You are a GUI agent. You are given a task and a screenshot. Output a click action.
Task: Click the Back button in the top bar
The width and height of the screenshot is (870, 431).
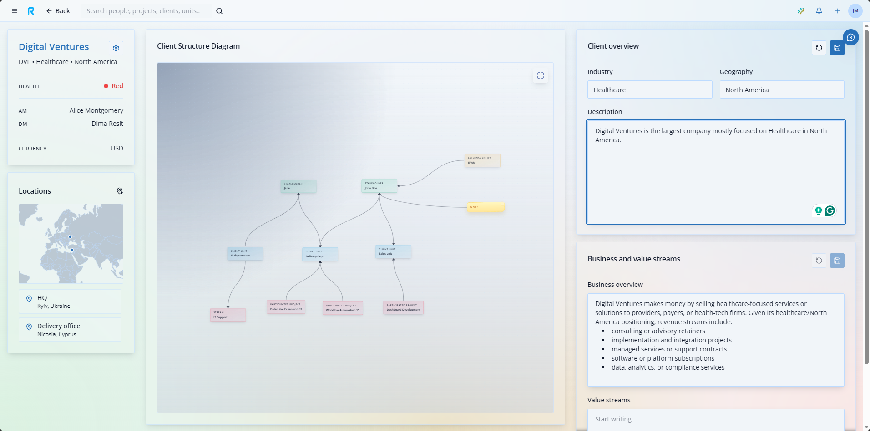(x=58, y=11)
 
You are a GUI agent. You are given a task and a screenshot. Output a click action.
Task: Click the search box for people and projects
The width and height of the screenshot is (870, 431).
(x=146, y=11)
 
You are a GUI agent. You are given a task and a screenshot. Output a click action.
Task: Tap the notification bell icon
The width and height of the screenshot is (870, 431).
(x=819, y=11)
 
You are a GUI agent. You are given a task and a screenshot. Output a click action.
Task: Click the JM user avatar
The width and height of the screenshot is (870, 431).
(x=855, y=11)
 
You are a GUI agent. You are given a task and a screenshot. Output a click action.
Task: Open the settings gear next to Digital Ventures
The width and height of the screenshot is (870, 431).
(x=116, y=48)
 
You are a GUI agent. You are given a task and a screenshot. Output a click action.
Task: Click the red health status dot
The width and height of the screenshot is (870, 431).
(x=106, y=86)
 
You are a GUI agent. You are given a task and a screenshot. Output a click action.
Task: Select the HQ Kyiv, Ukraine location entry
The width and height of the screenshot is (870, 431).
(x=70, y=301)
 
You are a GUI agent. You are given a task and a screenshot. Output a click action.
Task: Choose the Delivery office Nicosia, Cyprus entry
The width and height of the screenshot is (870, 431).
(x=70, y=330)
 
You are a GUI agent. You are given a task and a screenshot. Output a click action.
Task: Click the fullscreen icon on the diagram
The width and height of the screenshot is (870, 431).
(x=540, y=76)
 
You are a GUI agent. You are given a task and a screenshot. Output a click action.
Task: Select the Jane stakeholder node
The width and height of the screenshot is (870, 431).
(x=298, y=186)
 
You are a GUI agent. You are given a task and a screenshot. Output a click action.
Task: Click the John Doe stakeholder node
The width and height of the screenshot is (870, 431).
(x=379, y=186)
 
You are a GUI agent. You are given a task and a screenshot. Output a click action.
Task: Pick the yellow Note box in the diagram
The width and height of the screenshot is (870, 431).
(x=486, y=207)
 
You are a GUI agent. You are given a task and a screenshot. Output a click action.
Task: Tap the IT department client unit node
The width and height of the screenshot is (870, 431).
(x=245, y=253)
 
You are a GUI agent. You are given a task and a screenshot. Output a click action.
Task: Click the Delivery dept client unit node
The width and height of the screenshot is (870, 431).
(x=320, y=254)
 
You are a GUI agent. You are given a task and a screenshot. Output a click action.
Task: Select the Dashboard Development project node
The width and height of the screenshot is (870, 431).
(x=403, y=307)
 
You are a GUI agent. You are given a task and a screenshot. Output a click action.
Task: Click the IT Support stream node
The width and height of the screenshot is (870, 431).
(x=228, y=315)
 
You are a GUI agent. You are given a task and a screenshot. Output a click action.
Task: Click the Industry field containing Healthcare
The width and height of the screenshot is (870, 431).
(x=649, y=90)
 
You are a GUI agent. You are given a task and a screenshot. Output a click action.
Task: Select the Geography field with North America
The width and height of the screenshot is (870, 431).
(x=781, y=90)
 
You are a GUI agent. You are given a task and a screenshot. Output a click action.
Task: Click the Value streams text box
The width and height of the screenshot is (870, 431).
(x=715, y=419)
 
